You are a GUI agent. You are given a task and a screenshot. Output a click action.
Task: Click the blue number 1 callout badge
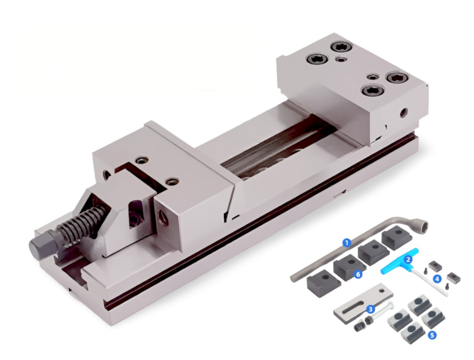coord(347,242)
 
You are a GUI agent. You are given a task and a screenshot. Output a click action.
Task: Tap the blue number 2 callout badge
coord(408,259)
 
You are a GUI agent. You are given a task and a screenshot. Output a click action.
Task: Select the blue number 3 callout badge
coord(370,309)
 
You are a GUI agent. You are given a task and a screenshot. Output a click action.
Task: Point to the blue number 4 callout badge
coord(437,279)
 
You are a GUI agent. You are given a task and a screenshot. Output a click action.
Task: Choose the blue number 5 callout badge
coord(432,335)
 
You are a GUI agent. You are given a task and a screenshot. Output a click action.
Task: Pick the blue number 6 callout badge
coord(358,274)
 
